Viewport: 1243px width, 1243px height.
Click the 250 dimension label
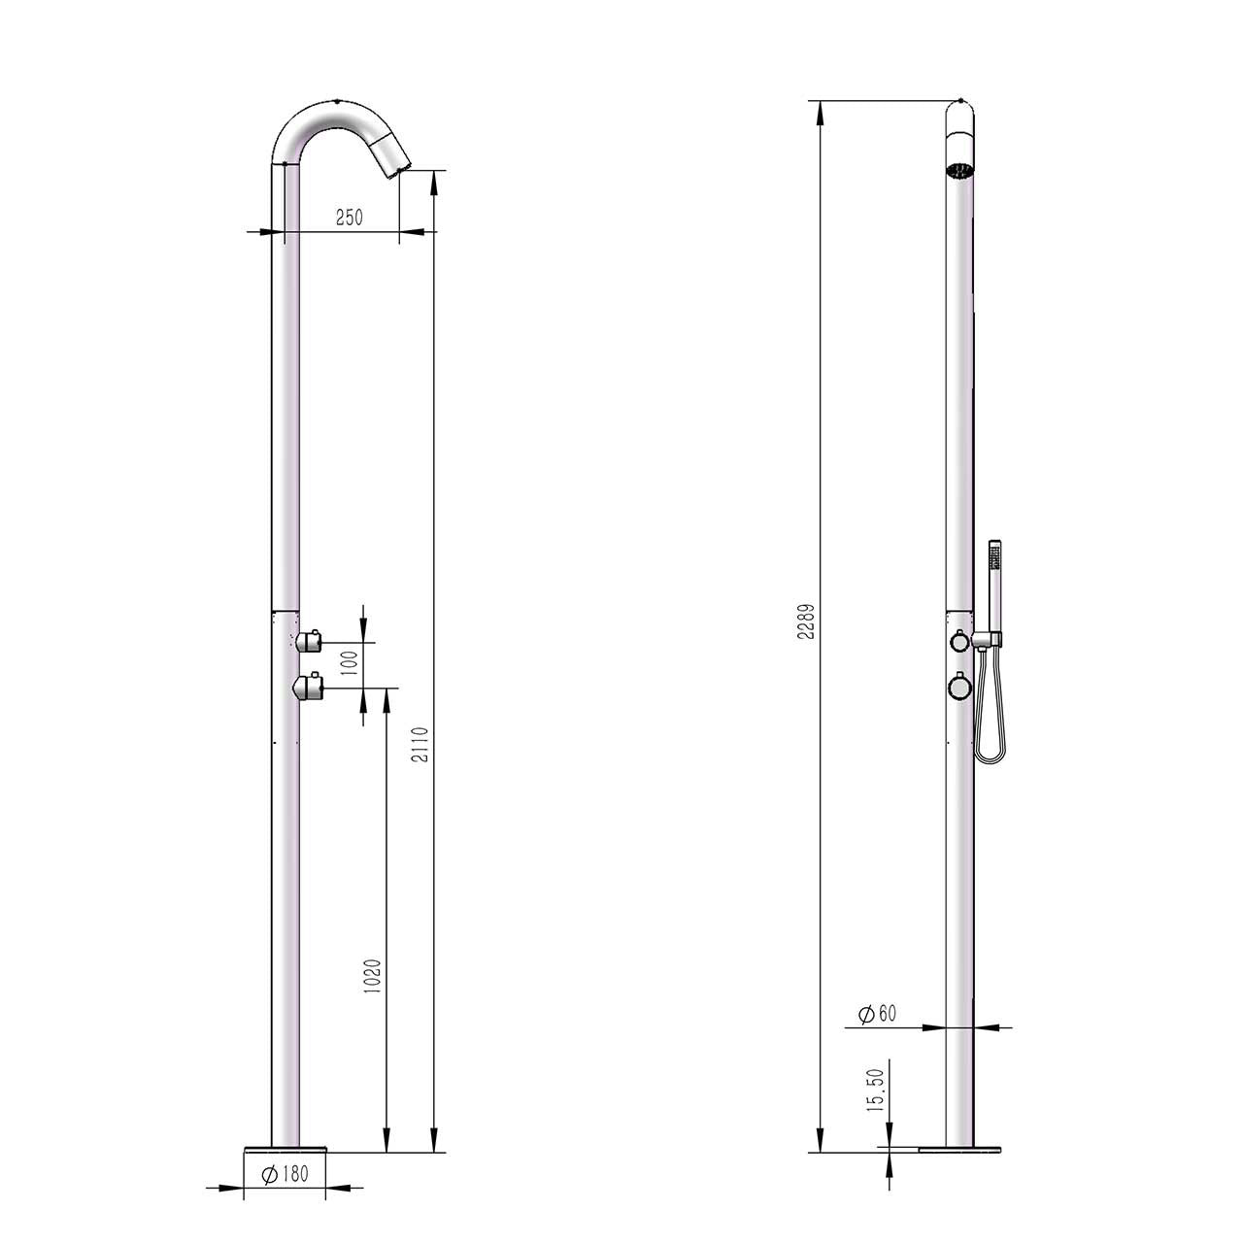[349, 218]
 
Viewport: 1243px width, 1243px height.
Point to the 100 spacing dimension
[351, 663]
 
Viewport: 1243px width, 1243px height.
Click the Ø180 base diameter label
[286, 1174]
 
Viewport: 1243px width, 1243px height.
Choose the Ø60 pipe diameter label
[878, 1014]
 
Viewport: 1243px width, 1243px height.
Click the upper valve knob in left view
[311, 640]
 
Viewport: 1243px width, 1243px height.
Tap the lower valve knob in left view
[309, 688]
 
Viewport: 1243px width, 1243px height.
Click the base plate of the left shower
[286, 1152]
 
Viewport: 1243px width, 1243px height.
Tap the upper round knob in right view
[958, 641]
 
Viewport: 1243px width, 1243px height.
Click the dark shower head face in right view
[959, 172]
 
